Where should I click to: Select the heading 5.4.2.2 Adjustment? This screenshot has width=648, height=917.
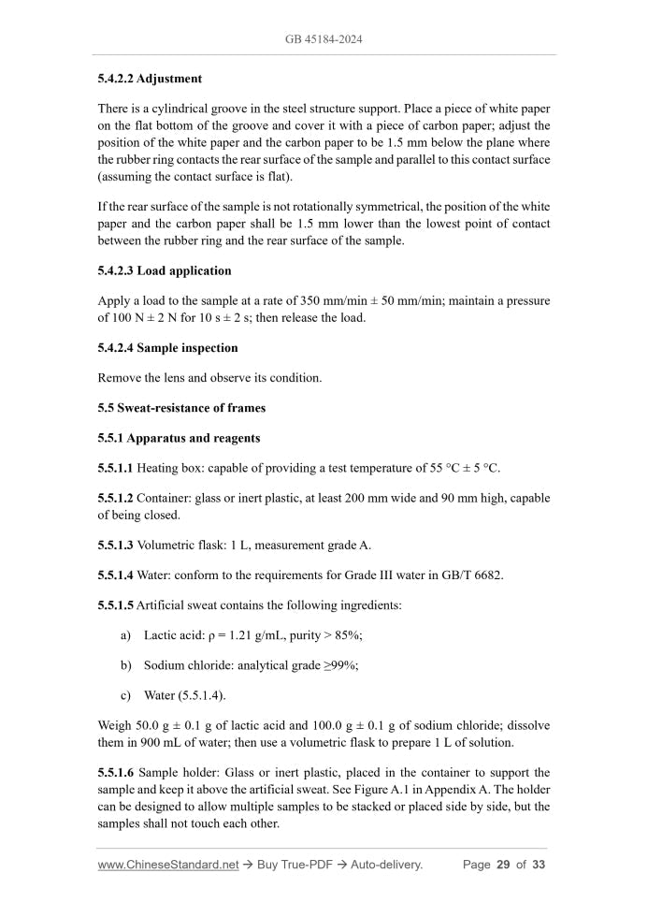point(150,79)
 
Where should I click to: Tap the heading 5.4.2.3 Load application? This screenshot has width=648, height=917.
point(165,270)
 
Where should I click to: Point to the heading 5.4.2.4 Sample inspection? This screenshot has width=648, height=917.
point(167,347)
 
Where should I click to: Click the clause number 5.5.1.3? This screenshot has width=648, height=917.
point(115,545)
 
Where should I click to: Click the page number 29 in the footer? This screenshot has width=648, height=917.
point(502,865)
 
